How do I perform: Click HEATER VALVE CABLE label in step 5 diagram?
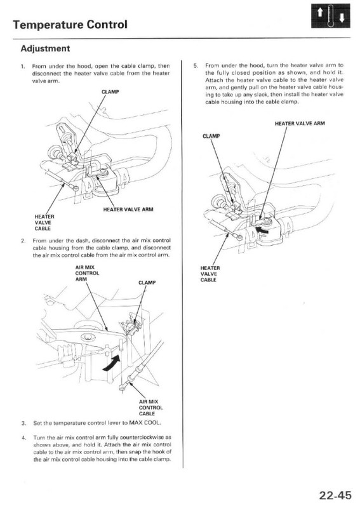click(x=210, y=277)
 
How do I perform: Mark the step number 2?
click(x=23, y=241)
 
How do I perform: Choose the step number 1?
click(x=23, y=65)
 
